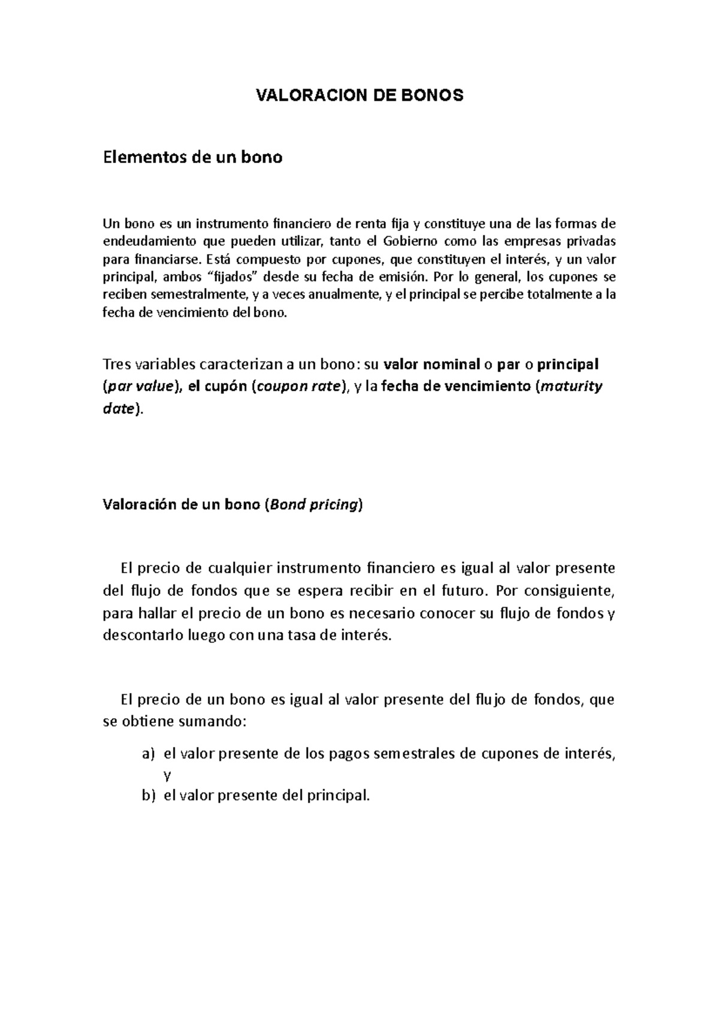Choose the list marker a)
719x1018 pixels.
coord(148,754)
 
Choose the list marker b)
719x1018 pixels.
coord(148,796)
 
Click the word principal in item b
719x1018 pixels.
coord(337,796)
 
